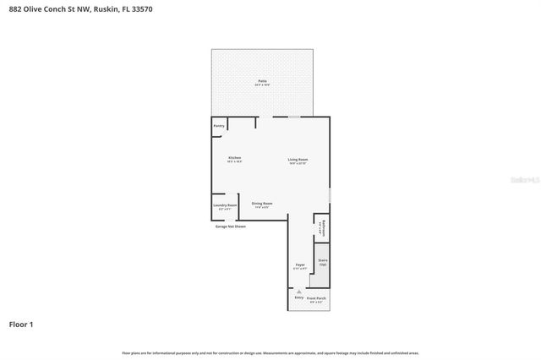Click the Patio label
click(262, 82)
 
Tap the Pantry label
click(219, 126)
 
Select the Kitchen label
click(234, 158)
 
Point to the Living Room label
click(298, 160)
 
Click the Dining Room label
click(262, 204)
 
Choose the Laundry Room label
click(224, 206)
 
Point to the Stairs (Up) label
click(322, 263)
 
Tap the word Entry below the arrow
click(298, 297)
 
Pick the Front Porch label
click(316, 299)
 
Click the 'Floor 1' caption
click(21, 324)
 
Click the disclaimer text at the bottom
click(270, 352)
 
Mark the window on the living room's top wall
click(293, 117)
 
